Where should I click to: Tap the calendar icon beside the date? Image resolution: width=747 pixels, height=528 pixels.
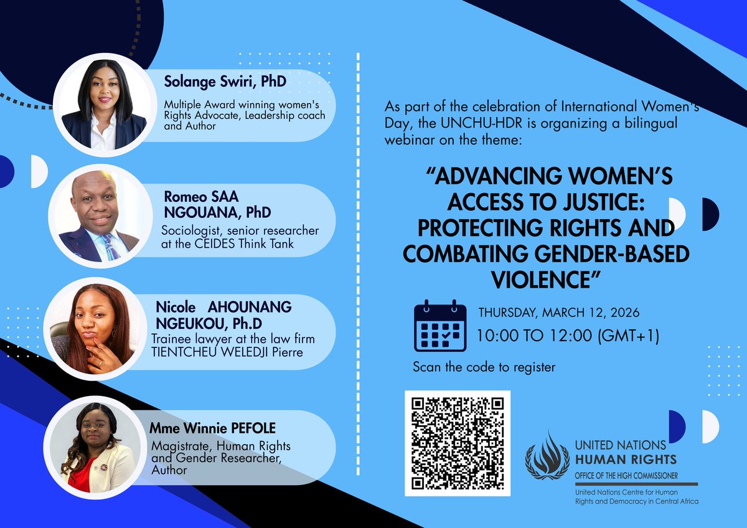[440, 326]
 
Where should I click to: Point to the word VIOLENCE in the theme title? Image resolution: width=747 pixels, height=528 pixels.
[541, 280]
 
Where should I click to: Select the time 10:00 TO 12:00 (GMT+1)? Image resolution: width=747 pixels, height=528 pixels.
[568, 336]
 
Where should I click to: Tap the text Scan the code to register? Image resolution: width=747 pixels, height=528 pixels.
[484, 367]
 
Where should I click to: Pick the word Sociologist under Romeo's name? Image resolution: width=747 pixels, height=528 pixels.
[188, 231]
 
